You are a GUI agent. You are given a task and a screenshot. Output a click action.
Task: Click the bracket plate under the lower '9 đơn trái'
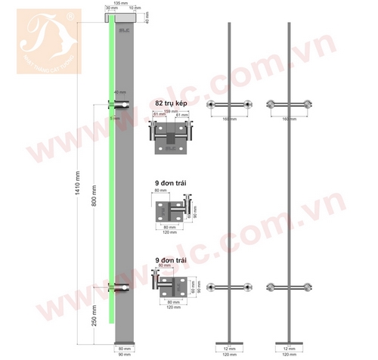pos(178,287)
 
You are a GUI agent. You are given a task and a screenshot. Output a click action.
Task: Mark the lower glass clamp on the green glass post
pos(122,286)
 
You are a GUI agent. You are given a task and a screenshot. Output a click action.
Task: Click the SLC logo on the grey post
pos(125,30)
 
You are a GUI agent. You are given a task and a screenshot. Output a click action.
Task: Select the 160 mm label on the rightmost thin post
pos(289,119)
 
